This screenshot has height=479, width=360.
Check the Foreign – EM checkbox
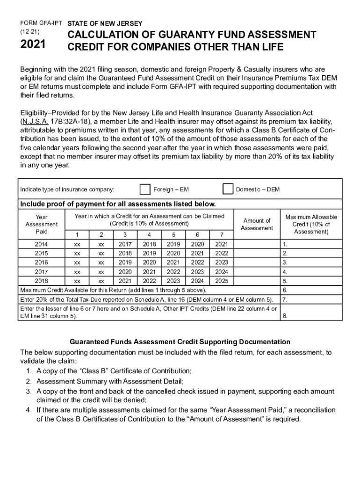pos(145,189)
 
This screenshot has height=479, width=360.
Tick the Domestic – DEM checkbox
pos(228,189)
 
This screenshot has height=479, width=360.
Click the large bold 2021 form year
pos(33,45)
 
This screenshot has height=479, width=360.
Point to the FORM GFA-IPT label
pos(41,23)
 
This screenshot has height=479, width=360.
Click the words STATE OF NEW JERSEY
pos(105,23)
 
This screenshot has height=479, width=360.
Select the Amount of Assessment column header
pos(257,224)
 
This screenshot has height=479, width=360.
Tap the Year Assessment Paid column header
pos(41,224)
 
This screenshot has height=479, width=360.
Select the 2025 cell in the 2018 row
pos(222,281)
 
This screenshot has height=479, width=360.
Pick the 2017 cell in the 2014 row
pos(125,244)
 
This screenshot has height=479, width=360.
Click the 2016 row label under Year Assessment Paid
pos(41,262)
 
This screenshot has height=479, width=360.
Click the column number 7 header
pos(222,235)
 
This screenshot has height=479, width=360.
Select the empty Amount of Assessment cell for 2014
pos(257,244)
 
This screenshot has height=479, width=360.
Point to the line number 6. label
pos(285,290)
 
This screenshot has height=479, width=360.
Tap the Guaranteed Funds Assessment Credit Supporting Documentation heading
pos(180,342)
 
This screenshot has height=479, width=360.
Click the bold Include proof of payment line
pos(117,204)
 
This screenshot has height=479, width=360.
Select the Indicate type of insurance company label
pos(67,189)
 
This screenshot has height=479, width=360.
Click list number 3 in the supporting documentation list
pos(29,391)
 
